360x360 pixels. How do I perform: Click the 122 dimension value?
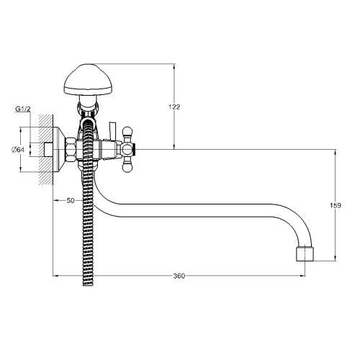(174, 107)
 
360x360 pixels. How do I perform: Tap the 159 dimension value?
(336, 205)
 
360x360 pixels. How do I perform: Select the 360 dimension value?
(179, 276)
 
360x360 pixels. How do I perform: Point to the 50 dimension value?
(71, 200)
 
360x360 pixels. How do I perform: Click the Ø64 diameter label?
(18, 150)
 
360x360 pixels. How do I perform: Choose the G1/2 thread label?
(23, 109)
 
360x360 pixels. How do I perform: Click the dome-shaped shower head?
(89, 80)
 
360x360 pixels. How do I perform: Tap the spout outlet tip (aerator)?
(305, 253)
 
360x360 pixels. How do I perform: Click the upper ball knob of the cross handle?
(127, 132)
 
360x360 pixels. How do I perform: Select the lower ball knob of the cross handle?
(127, 167)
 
